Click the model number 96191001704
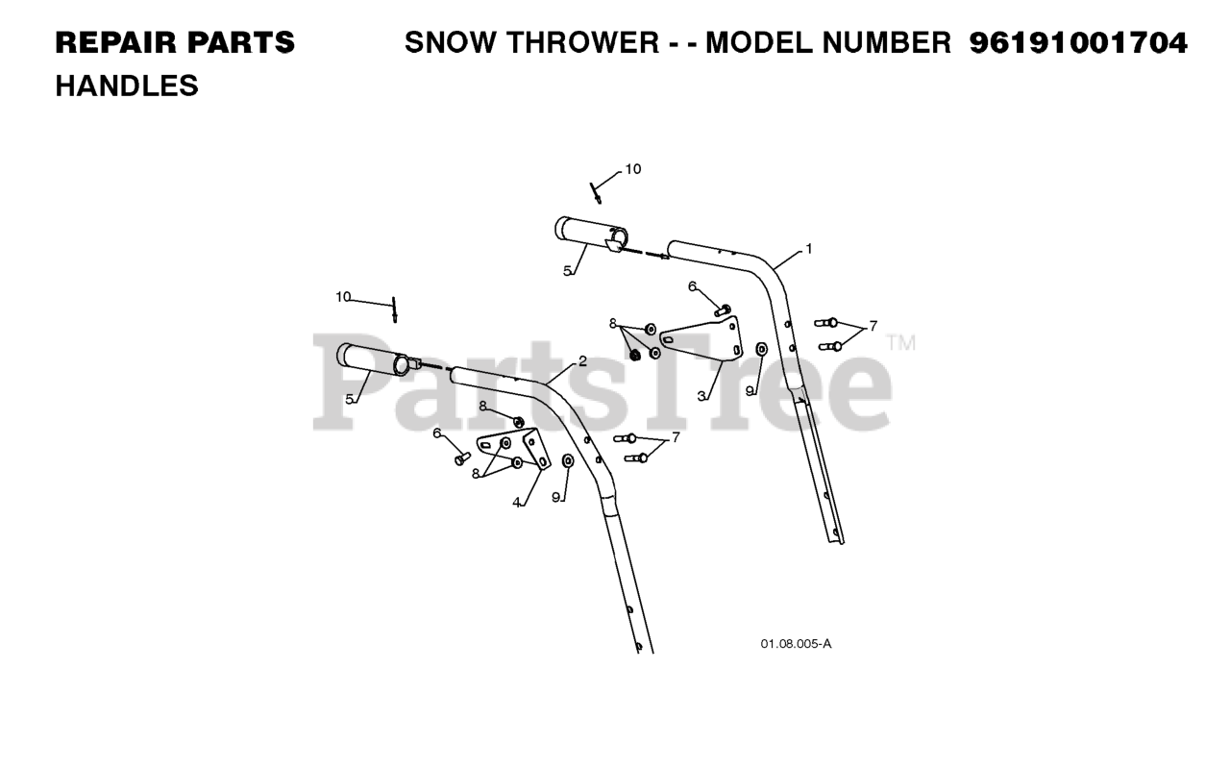pos(1078,43)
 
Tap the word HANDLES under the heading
pos(127,87)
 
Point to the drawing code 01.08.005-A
pos(796,644)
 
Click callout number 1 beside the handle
pos(808,249)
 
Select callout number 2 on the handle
pos(582,362)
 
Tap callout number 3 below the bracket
pos(702,395)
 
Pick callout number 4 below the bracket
pos(517,502)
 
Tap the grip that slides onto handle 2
pos(376,361)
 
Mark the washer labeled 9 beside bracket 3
pos(761,349)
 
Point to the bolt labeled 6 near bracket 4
pos(461,458)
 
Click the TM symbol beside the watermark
pos(900,342)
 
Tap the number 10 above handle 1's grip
pos(632,169)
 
